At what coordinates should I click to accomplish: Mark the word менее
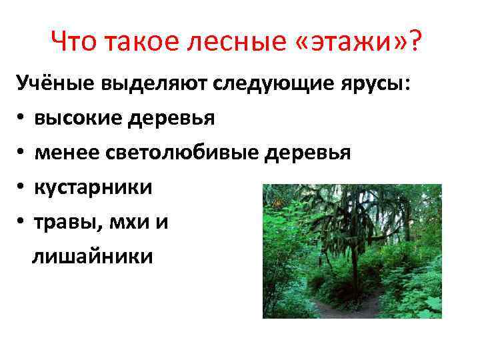tap(67, 153)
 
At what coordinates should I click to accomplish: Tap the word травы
tap(64, 221)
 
